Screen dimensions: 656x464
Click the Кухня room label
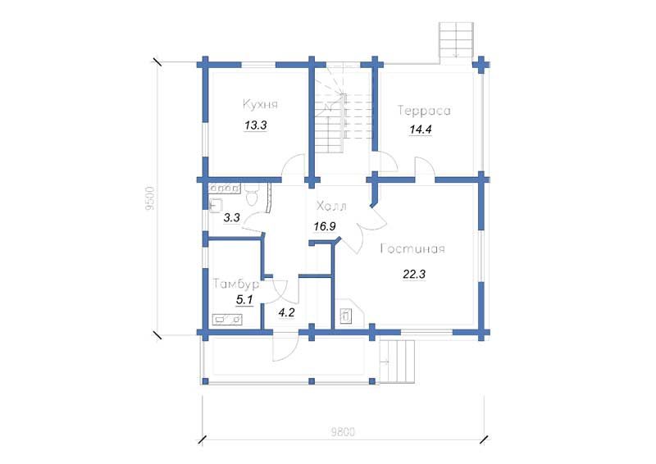tap(260, 104)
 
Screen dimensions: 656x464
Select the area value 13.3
tap(256, 125)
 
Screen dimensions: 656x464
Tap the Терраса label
tap(424, 111)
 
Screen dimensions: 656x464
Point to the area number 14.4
tap(421, 130)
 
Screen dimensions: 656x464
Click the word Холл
tap(331, 207)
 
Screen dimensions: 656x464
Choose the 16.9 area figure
tap(325, 227)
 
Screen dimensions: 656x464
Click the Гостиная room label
tap(412, 249)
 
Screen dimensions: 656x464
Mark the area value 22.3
tap(414, 275)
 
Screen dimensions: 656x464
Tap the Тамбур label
tap(236, 284)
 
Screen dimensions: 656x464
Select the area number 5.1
tap(244, 299)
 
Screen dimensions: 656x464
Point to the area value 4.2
tap(286, 312)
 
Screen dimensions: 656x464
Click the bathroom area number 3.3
tap(231, 217)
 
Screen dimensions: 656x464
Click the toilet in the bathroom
tap(252, 196)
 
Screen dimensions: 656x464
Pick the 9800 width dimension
tap(343, 432)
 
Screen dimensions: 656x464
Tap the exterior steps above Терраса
tap(456, 40)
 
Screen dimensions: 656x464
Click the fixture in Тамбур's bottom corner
tap(228, 320)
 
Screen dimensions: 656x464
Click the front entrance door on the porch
tap(285, 347)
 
